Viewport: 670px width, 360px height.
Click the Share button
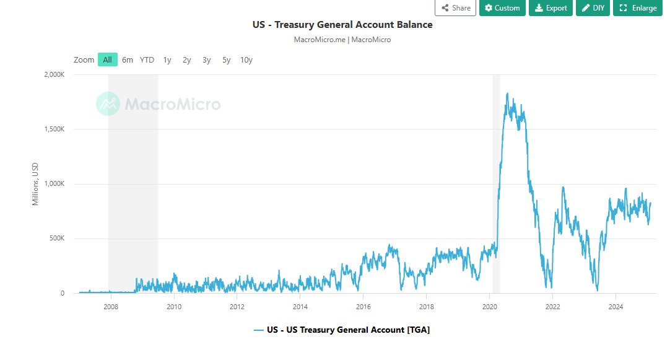tap(455, 8)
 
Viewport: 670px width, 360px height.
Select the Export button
tap(550, 8)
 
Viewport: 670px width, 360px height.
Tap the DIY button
tap(593, 8)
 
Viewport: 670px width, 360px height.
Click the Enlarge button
tap(638, 8)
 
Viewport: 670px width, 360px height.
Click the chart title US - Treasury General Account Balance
tap(342, 25)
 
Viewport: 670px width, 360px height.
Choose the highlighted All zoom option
tap(107, 59)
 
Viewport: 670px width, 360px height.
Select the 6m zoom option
tap(128, 59)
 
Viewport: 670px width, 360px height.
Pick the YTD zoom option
tap(147, 59)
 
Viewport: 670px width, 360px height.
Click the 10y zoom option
tap(246, 59)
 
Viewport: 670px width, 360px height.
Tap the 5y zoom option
tap(227, 59)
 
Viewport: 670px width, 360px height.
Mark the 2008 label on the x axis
tap(110, 306)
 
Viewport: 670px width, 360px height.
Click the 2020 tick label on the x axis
tap(489, 306)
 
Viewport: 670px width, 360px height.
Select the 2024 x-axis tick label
tap(616, 306)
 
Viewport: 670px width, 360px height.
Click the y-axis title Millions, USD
tap(35, 184)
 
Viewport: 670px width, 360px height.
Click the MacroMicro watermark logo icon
tap(108, 103)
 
